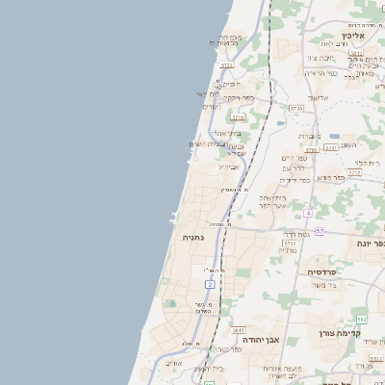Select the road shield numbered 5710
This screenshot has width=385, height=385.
coord(238,117)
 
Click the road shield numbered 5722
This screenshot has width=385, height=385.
coord(227,65)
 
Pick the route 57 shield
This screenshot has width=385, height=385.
coord(319,232)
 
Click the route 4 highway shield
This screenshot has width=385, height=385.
coord(308,212)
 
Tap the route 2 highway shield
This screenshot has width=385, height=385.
coord(210,284)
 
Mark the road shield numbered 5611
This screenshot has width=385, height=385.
coord(238,330)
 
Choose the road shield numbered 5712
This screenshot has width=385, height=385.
coord(288,244)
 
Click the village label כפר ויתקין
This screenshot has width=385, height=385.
coord(239,97)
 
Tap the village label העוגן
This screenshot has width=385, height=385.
coord(347,143)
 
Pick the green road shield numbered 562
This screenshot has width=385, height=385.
coord(361,319)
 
